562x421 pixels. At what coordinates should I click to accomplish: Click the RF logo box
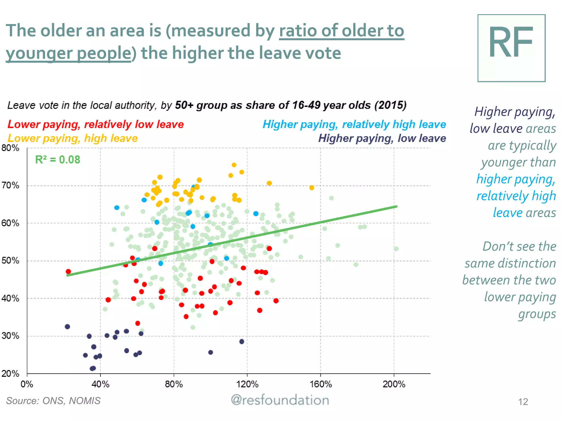click(511, 48)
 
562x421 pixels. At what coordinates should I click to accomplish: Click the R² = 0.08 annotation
click(58, 160)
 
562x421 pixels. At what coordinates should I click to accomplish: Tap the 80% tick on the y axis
click(10, 148)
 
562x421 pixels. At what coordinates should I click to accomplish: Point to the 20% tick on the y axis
click(10, 373)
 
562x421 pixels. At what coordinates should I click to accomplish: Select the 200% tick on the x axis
click(394, 384)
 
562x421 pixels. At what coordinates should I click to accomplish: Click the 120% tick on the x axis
click(247, 384)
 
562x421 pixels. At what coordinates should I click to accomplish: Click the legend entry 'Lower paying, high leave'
click(72, 138)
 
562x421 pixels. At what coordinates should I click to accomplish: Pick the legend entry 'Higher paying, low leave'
click(382, 138)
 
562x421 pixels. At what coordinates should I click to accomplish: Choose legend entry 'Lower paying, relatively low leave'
click(95, 124)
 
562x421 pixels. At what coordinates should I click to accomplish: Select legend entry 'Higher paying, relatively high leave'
click(354, 124)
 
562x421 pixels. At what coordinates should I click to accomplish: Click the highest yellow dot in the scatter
click(234, 165)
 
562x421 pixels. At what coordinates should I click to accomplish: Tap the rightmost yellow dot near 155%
click(311, 188)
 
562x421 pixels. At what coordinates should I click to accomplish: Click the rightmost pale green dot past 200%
click(396, 249)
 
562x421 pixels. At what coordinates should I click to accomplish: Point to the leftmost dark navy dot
click(67, 326)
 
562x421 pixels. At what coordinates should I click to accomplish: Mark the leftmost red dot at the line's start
click(68, 272)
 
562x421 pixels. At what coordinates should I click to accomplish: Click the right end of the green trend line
click(396, 206)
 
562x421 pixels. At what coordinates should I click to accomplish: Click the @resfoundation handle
click(280, 400)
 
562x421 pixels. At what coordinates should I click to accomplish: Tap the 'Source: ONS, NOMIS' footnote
click(53, 401)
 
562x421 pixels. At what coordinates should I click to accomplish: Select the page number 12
click(523, 402)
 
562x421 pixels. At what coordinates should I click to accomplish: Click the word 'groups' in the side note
click(537, 314)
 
